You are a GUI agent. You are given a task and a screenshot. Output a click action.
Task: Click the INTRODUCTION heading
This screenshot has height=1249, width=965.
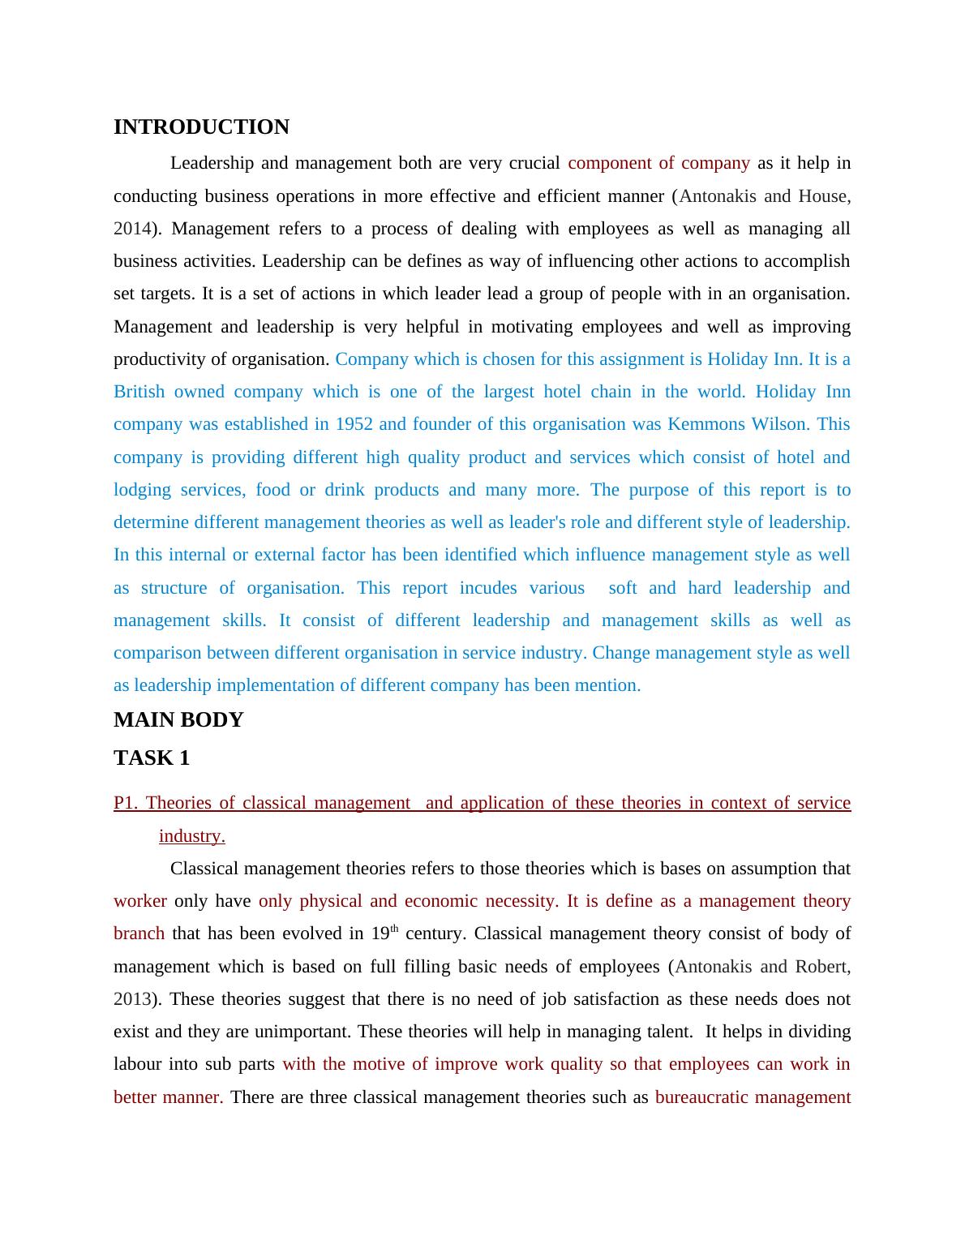[201, 127]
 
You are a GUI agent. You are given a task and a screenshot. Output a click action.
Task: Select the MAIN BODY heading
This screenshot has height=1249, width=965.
[178, 720]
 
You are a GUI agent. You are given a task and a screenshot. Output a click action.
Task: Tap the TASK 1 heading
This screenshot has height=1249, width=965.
[152, 758]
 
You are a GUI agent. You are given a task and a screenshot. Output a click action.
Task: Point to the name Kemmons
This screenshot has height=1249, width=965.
[699, 424]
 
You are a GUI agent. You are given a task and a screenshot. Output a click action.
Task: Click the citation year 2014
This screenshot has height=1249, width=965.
[131, 229]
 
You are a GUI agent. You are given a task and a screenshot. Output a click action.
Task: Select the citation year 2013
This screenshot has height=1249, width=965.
[131, 999]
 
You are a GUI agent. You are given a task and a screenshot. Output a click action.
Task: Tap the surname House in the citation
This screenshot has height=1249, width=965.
[822, 196]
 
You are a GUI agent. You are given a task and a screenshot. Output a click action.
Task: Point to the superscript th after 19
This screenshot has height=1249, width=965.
[396, 929]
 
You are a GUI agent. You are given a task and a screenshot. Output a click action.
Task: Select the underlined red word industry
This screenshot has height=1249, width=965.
[191, 836]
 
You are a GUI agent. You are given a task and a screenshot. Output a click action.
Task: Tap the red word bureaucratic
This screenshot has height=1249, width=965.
[701, 1097]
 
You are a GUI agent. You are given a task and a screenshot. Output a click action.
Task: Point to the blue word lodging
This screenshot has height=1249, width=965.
[142, 490]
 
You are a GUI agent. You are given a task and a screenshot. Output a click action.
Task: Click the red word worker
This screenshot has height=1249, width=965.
[140, 901]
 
